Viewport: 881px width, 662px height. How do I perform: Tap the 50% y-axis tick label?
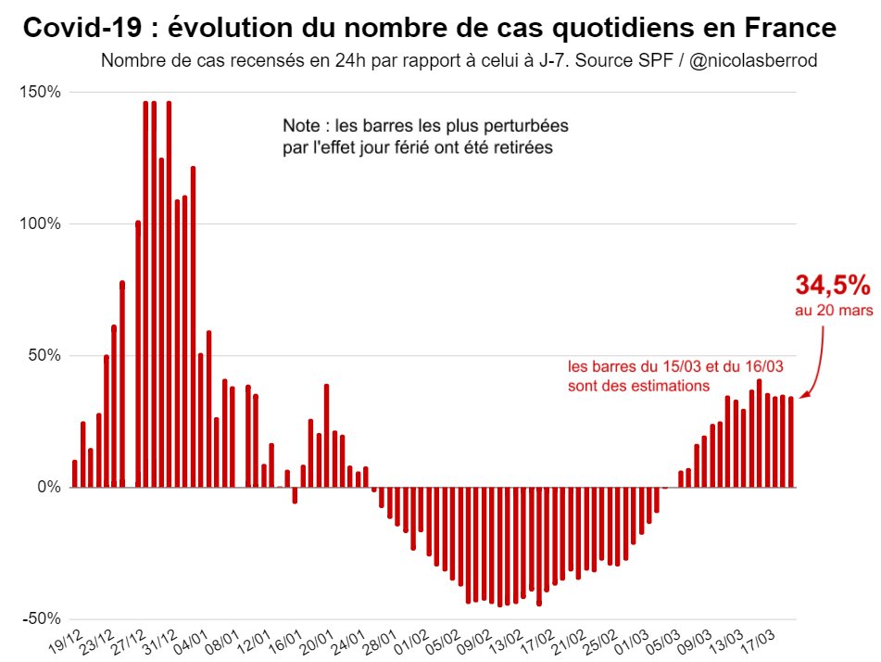click(45, 355)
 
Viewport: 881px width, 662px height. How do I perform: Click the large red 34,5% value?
click(833, 285)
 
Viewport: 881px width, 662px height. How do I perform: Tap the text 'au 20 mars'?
click(833, 312)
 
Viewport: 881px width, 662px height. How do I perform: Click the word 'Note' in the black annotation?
click(301, 125)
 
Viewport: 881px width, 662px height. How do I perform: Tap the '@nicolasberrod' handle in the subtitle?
click(752, 61)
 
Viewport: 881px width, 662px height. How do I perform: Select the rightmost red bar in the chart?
click(790, 441)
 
